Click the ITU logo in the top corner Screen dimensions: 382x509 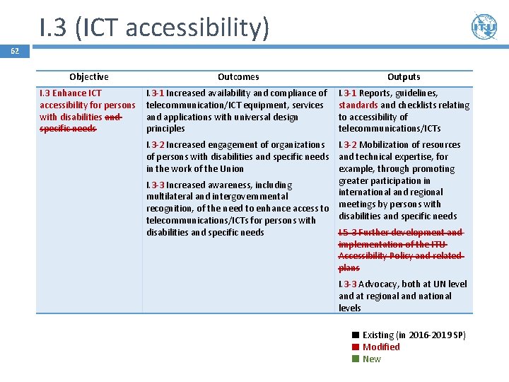coord(484,27)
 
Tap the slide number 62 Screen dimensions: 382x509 coord(15,51)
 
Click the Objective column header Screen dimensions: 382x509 coord(89,76)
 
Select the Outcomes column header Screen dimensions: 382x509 coord(238,76)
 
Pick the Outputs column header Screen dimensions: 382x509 coord(404,76)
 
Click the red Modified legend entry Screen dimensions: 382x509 coord(380,347)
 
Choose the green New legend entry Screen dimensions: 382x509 coord(371,359)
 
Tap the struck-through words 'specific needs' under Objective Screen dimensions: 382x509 coord(68,129)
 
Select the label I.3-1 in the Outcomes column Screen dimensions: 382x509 coord(156,93)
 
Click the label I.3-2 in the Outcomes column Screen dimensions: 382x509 coord(156,144)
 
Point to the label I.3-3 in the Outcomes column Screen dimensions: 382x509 coord(156,185)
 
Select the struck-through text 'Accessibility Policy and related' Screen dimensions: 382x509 coord(399,256)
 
